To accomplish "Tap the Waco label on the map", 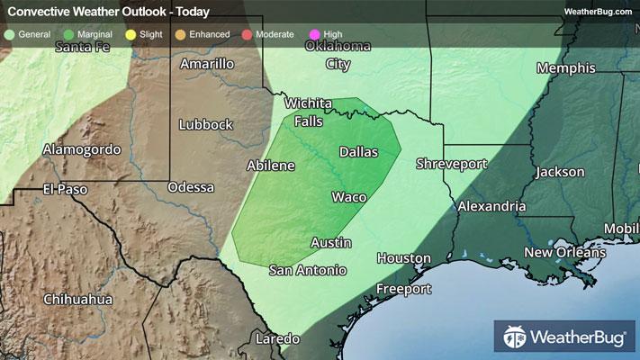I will [347, 197].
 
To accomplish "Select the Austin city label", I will [330, 243].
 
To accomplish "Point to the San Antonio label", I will [308, 269].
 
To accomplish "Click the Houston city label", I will [403, 258].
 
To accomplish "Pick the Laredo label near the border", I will [275, 338].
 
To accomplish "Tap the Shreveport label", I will [451, 164].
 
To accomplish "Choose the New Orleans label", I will [565, 252].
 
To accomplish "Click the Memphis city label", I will [565, 68].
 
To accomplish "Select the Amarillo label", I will [207, 64].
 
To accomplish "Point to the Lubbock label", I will [206, 124].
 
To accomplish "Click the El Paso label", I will [67, 189].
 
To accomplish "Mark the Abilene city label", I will [271, 166].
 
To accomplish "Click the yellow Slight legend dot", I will [131, 34].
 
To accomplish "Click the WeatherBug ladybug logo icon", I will [516, 338].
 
